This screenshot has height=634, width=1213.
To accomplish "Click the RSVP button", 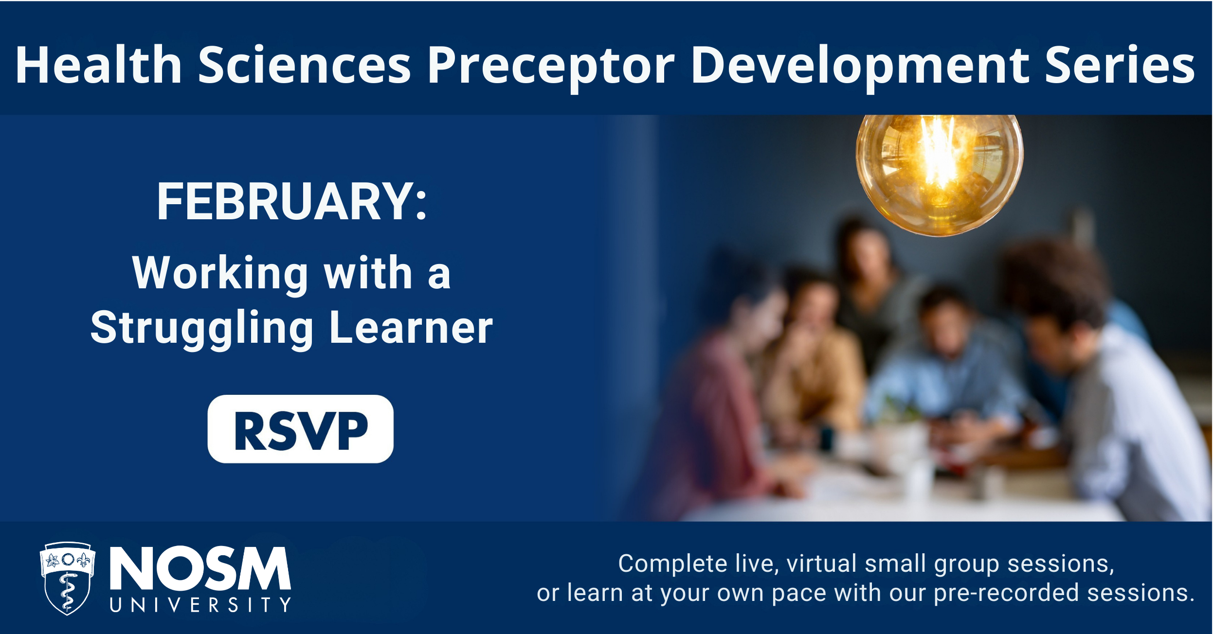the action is [300, 429].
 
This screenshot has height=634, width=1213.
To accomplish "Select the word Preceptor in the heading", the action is [551, 68].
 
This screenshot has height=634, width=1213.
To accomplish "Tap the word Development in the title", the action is [859, 68].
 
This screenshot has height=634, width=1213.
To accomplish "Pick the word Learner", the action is [411, 327].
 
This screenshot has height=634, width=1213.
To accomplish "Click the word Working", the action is [220, 274].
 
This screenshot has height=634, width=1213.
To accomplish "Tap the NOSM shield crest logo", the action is [67, 578].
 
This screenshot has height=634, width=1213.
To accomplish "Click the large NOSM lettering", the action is [200, 568].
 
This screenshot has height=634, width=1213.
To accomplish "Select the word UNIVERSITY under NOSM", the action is [200, 605].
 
